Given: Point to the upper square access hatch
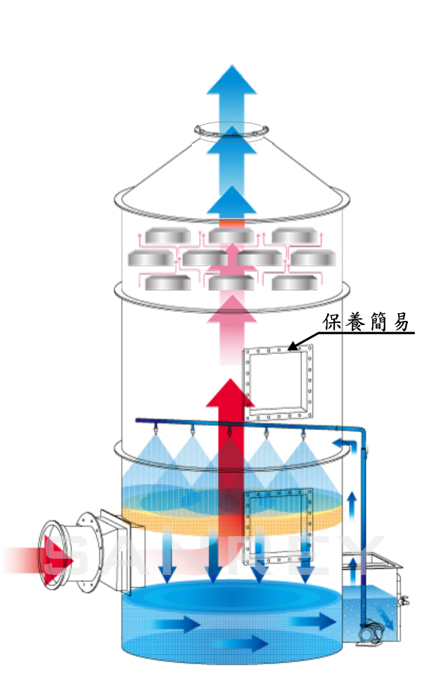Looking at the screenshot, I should (x=278, y=384).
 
